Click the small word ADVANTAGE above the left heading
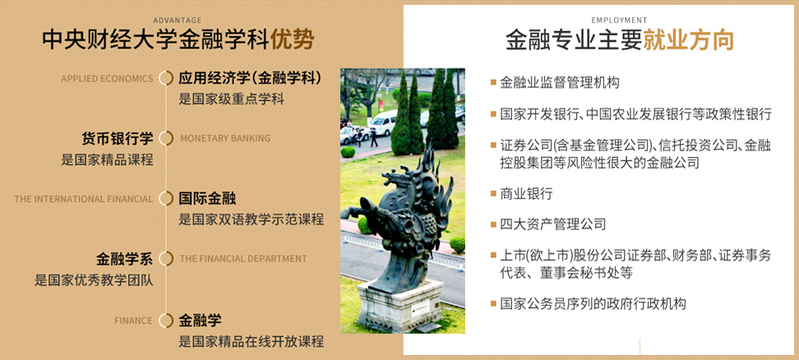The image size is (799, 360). [x=178, y=21]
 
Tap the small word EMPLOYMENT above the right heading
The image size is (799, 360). [x=619, y=21]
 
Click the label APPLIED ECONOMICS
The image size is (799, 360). [x=107, y=79]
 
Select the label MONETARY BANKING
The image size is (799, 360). [x=225, y=139]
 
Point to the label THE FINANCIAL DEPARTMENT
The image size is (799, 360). [x=243, y=259]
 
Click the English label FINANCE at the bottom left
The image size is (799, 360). [x=133, y=321]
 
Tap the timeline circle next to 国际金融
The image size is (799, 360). [x=166, y=199]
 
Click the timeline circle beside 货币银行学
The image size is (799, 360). [x=166, y=139]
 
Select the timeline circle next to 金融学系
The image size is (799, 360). [x=166, y=259]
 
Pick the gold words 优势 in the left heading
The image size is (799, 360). [x=292, y=40]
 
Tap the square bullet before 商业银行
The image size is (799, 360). [x=493, y=193]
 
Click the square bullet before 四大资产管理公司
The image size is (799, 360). [x=493, y=224]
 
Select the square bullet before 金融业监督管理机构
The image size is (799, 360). [x=493, y=82]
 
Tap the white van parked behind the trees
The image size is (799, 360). [x=382, y=122]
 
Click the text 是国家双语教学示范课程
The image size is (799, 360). [x=252, y=219]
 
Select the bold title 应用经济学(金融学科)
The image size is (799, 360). [x=251, y=78]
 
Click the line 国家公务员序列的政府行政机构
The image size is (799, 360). [x=593, y=304]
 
